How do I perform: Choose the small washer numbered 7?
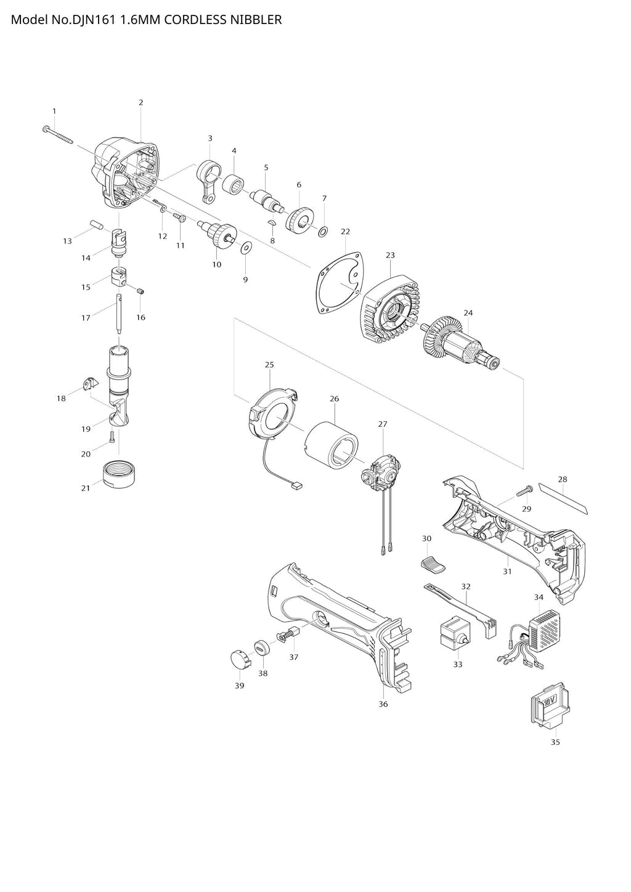tap(323, 232)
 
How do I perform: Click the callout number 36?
tap(383, 703)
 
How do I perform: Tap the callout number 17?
tap(86, 318)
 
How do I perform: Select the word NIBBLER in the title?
tap(255, 20)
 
